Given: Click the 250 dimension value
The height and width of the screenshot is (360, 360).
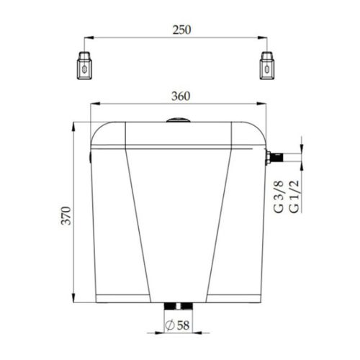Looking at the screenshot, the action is click(x=181, y=30).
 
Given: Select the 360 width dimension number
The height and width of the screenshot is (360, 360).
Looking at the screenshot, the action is click(x=181, y=96).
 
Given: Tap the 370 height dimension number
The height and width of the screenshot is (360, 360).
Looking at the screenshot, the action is click(x=66, y=215).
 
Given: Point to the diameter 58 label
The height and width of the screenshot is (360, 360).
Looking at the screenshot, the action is click(x=178, y=325).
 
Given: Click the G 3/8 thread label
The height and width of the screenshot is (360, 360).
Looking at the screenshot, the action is click(x=279, y=197).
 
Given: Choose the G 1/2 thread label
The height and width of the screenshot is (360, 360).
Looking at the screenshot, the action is click(x=294, y=197).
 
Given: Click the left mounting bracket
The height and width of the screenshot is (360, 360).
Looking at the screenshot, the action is click(x=84, y=66).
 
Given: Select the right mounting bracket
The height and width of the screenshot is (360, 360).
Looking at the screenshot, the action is click(x=267, y=66).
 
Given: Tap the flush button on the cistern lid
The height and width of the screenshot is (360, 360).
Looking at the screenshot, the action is click(x=179, y=120).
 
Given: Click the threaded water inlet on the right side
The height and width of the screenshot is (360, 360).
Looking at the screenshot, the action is click(x=274, y=158).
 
